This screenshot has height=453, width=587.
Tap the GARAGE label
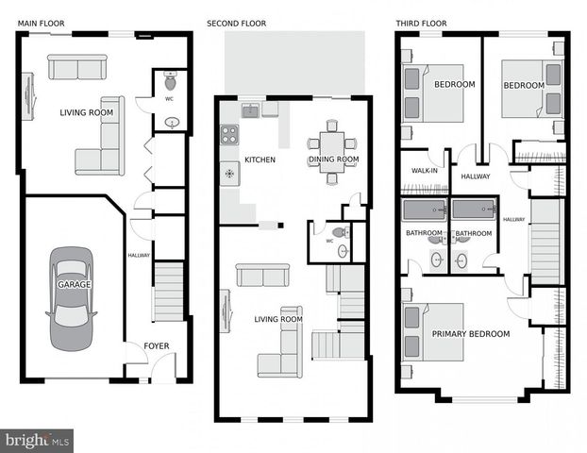74,284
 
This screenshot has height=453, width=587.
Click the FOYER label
157,346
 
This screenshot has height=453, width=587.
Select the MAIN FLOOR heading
40,23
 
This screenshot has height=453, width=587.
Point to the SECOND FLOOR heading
236,23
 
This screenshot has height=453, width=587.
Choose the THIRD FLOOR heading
422,23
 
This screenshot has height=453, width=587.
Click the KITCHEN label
260,160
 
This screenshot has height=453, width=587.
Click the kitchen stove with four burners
229,135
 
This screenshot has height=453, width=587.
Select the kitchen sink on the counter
250,111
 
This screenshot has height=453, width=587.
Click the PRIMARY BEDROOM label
471,334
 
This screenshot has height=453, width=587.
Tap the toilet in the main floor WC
170,79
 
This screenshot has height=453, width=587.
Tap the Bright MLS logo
37,440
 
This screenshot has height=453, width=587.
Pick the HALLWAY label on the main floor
139,255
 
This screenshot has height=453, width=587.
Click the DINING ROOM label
334,160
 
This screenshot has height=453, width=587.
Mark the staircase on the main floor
168,293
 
